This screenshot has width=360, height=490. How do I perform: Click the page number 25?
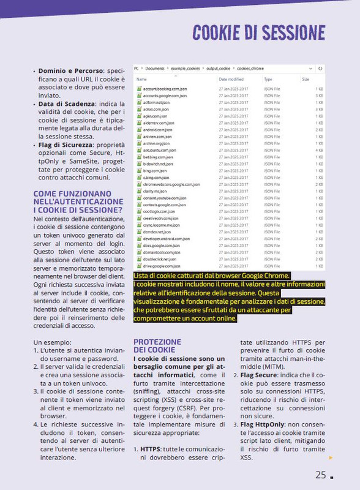321,475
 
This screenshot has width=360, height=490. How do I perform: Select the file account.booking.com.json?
165,89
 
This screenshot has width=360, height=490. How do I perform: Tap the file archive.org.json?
157,143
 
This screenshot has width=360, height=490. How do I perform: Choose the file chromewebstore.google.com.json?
173,184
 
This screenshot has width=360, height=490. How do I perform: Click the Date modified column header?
231,79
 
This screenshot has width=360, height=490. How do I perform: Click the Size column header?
306,79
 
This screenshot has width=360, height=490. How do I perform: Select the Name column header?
141,79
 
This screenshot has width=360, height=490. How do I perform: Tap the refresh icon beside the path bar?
320,68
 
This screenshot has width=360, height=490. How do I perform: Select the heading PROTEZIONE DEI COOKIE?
157,345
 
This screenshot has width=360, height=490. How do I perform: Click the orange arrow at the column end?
331,457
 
